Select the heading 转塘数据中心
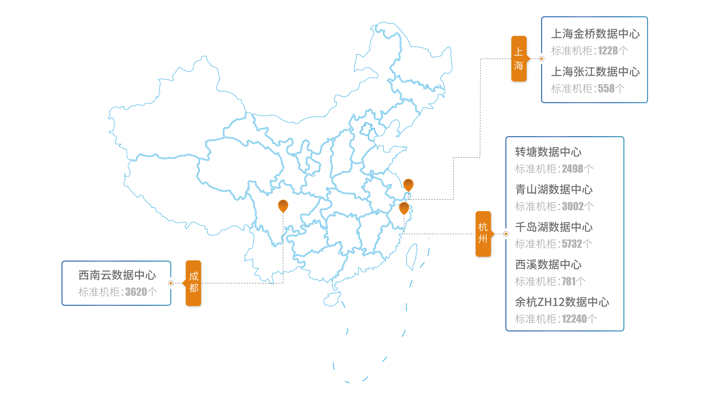tap(548, 152)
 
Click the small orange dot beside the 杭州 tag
tap(506, 234)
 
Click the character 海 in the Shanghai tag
tap(518, 66)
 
